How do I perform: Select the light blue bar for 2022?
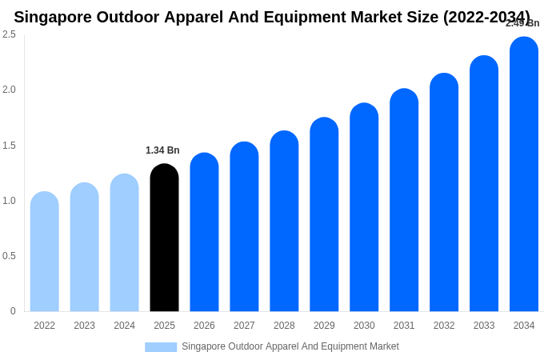pos(44,252)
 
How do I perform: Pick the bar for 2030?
pos(364,208)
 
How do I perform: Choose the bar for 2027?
pos(244,227)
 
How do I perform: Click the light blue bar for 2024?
pos(124,243)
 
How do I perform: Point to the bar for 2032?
pos(444,193)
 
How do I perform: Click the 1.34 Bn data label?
pos(162,150)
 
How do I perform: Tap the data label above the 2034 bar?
pos(522,23)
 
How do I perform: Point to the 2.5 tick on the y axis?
pos(9,34)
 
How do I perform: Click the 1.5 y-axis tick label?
pos(9,146)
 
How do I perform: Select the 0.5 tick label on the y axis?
pos(9,256)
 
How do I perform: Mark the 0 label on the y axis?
pos(13,311)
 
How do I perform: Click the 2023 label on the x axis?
pos(84,326)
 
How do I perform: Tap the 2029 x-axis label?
pos(324,326)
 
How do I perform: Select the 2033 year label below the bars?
pos(484,326)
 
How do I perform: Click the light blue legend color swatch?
pos(161,347)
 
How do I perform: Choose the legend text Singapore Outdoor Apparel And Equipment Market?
pos(290,346)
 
